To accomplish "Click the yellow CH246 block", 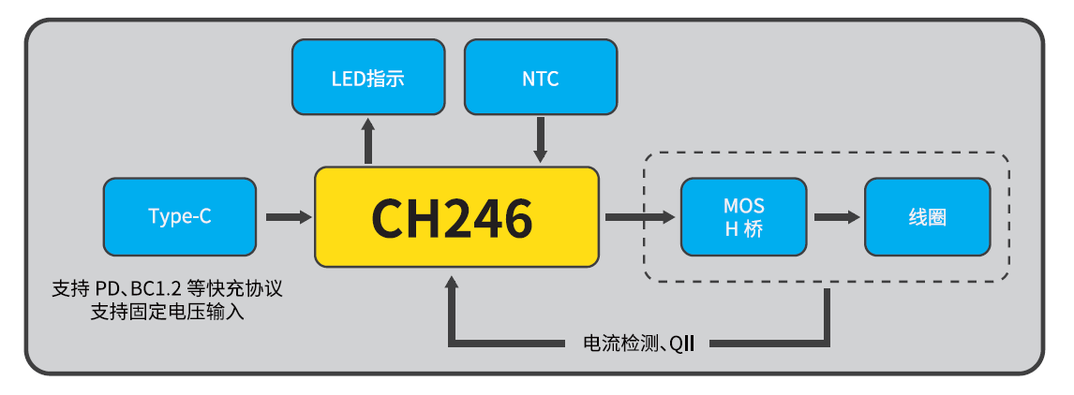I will coord(455,216).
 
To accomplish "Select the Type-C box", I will coord(179,216).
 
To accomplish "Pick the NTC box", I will coord(541,78).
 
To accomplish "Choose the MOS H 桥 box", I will coord(743,217).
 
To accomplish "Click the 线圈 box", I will coord(927,217).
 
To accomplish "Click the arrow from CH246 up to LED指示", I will coord(368,141).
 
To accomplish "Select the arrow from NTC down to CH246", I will coord(541,141).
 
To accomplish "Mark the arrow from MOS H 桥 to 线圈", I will coord(836,217).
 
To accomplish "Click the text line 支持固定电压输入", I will coord(168,312).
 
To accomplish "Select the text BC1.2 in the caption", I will coord(156,290).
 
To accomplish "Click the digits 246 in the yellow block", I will coord(490,217).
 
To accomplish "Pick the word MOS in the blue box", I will coord(744,206).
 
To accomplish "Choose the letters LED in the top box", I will coord(347,79).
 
